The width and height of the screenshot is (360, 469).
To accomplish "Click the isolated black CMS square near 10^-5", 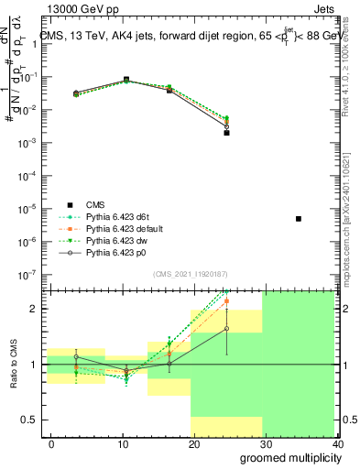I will click(x=299, y=219).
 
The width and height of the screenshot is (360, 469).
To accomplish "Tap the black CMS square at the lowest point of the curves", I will click(x=226, y=133).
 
